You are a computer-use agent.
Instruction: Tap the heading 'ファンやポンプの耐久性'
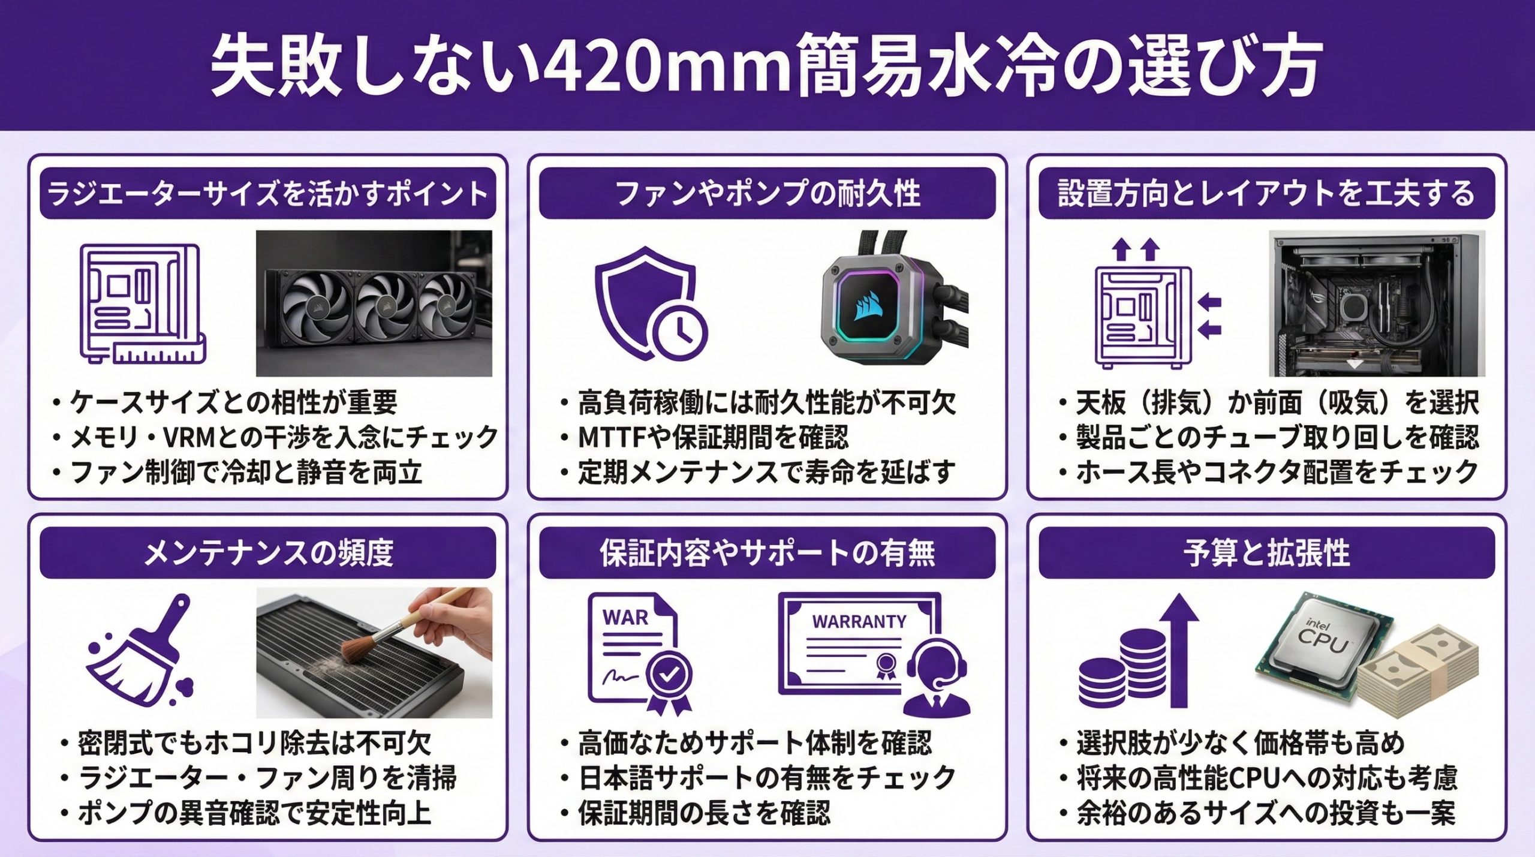[767, 194]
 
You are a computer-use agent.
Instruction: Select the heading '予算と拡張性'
[1266, 553]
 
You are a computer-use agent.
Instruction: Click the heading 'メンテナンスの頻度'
[268, 553]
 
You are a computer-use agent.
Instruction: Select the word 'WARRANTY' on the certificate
[859, 622]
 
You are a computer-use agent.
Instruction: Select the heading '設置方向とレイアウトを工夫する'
[1266, 194]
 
